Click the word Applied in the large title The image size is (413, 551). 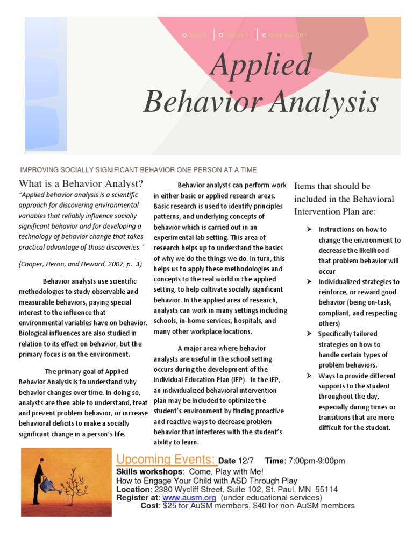[261, 65]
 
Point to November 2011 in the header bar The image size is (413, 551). [287, 36]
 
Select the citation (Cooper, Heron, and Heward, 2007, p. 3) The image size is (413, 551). [80, 264]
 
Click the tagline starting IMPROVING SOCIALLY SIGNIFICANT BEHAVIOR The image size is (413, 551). [138, 169]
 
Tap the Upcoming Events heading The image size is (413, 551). [166, 460]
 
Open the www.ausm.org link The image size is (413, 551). [181, 498]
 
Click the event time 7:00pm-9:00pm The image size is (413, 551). [316, 461]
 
